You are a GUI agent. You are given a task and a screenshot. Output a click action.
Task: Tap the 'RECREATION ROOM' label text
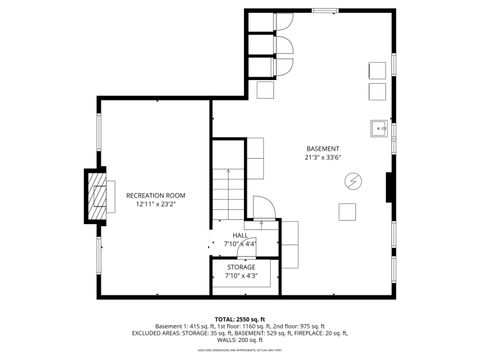(154, 195)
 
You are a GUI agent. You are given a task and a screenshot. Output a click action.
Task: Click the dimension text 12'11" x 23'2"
(154, 204)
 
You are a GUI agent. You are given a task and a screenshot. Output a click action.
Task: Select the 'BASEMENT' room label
(323, 148)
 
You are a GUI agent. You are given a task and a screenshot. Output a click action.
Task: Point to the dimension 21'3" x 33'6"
(323, 157)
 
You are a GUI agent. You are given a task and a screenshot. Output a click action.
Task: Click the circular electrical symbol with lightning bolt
(352, 181)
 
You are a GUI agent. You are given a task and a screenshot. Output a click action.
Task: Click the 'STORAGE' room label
(240, 267)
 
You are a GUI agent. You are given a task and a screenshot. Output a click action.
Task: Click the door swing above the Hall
(264, 207)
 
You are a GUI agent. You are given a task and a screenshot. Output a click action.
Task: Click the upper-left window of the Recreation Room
(98, 131)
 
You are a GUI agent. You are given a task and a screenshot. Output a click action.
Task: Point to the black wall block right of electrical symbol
(389, 187)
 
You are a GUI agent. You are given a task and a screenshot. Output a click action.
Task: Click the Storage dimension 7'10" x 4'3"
(240, 276)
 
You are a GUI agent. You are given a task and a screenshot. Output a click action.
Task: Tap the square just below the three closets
(266, 90)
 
